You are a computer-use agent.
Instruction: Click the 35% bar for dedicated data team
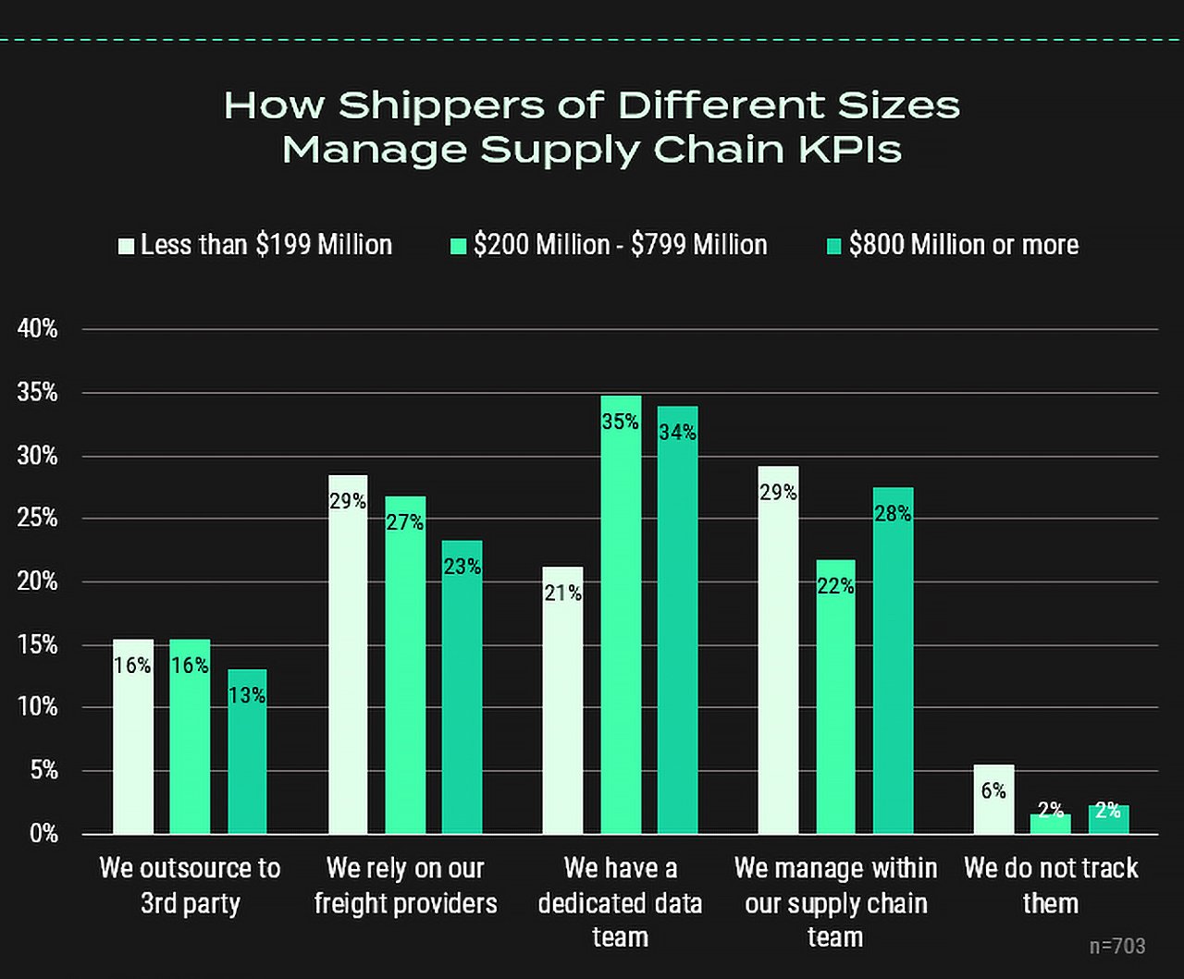pos(621,615)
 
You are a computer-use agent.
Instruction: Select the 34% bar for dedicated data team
pos(678,619)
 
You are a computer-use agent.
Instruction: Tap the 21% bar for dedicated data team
pos(562,700)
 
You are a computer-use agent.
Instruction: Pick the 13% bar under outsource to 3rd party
pos(247,751)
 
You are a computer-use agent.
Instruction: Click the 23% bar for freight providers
pos(462,687)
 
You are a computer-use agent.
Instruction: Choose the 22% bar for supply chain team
pos(835,696)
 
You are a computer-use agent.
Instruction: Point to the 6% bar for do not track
pos(993,799)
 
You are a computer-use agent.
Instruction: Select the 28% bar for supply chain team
pos(893,660)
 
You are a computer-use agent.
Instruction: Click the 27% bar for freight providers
pos(405,665)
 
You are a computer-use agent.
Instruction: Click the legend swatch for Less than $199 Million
pos(126,245)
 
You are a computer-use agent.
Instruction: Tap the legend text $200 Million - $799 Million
pos(620,245)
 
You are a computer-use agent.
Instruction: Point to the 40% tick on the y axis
pos(38,329)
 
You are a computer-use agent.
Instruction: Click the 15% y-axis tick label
pos(38,645)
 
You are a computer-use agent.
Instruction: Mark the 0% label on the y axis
pos(42,834)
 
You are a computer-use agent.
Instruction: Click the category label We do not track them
pos(1051,885)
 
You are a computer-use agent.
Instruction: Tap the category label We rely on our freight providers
pos(405,885)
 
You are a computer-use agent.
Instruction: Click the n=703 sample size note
pos(1116,946)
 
